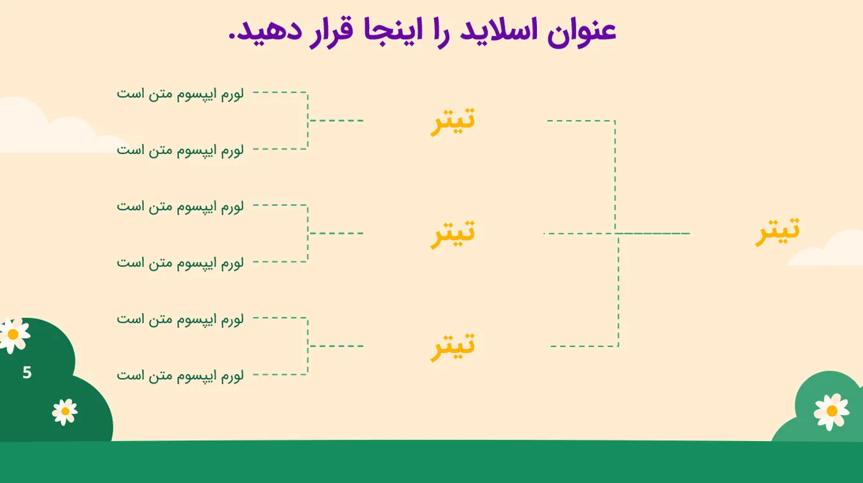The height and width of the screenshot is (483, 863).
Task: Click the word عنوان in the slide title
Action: click(582, 32)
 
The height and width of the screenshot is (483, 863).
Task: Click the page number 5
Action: click(27, 372)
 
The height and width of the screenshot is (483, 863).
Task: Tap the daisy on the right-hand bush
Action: click(831, 412)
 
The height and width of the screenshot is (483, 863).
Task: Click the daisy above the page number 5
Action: click(14, 334)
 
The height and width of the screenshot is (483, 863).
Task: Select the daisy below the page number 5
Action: click(64, 412)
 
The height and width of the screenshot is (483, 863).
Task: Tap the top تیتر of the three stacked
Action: click(453, 121)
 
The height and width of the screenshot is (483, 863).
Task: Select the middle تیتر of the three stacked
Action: click(453, 233)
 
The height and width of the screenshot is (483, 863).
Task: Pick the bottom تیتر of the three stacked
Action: click(453, 346)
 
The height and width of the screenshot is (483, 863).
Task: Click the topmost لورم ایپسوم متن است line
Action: click(180, 94)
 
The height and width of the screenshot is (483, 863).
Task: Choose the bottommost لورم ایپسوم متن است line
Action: click(180, 375)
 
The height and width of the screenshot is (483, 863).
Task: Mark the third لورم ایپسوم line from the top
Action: click(180, 207)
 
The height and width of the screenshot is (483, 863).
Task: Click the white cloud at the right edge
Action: click(828, 251)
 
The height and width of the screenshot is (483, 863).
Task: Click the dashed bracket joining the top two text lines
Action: click(308, 120)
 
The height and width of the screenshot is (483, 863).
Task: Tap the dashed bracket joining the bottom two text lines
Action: click(308, 346)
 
